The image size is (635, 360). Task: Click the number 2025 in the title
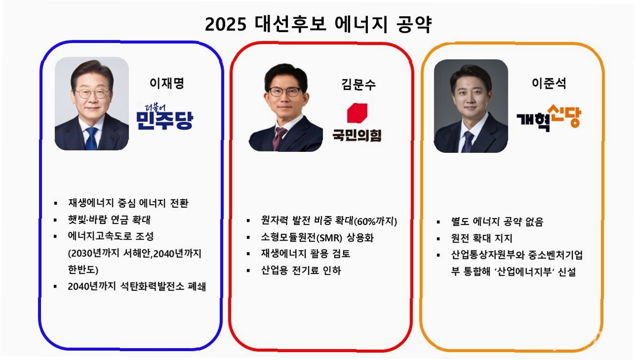click(x=225, y=24)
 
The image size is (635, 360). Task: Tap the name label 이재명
click(x=167, y=83)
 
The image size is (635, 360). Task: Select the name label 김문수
click(x=358, y=84)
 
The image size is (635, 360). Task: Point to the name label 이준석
click(x=549, y=83)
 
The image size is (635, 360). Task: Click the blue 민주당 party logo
click(x=165, y=117)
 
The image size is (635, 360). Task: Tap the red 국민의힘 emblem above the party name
click(x=357, y=113)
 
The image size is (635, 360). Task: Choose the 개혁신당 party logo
click(x=549, y=118)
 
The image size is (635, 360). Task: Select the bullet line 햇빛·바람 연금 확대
click(x=109, y=219)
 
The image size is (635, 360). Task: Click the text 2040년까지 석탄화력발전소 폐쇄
click(x=137, y=287)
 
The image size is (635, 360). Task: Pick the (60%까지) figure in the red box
click(x=376, y=221)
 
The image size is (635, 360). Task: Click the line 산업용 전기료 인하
click(x=301, y=270)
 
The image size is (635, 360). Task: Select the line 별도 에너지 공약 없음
click(x=497, y=221)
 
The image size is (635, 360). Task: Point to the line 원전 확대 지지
click(x=482, y=238)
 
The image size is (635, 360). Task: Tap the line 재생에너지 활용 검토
click(x=306, y=253)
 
